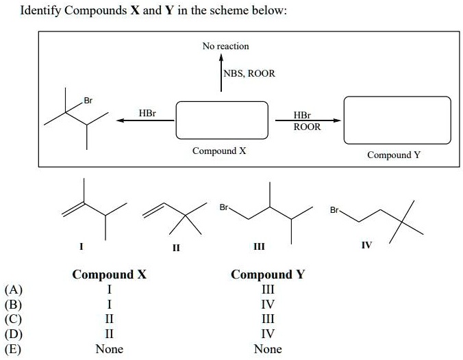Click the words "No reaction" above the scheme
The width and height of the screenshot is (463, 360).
(225, 46)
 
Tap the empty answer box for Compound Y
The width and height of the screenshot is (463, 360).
(397, 120)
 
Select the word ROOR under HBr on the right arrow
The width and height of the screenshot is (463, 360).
(306, 127)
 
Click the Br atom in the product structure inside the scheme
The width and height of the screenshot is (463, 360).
(88, 101)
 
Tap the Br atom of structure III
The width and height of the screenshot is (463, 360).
(224, 207)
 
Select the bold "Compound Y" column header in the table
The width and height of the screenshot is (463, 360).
(267, 275)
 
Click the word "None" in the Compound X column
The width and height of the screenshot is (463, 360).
(110, 349)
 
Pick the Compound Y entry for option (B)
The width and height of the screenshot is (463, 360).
(267, 305)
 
